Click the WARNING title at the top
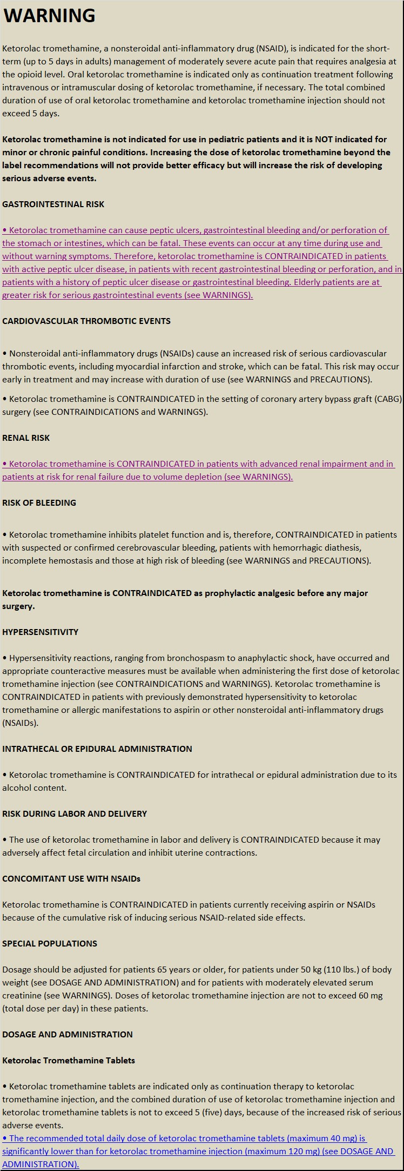pos(49,16)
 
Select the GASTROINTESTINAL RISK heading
pos(53,204)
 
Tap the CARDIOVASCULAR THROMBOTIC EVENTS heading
pos(86,321)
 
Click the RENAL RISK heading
pos(26,438)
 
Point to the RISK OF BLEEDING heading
pos(39,502)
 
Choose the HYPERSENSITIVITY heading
pos(41,632)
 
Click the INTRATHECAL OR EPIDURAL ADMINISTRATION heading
pos(97,749)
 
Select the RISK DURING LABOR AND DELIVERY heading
pos(75,813)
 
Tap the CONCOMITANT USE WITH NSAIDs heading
pos(71,878)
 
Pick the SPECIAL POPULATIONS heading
pos(50,943)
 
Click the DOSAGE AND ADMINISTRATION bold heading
pos(68,1034)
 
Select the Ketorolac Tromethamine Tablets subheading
pos(69,1060)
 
